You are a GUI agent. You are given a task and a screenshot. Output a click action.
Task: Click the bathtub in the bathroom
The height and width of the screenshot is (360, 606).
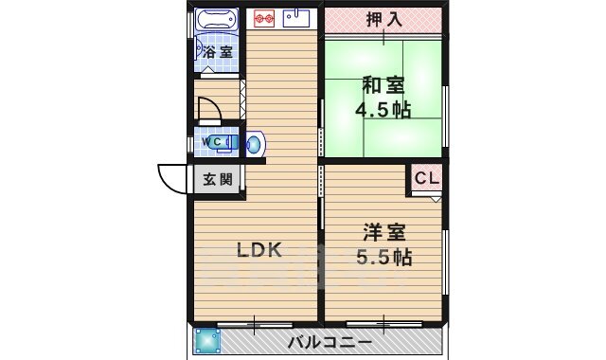pyautogui.click(x=217, y=19)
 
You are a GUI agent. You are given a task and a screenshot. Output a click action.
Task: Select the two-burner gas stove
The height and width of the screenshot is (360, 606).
pyautogui.click(x=263, y=17)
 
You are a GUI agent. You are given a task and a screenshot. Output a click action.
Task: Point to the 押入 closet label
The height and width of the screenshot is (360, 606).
pyautogui.click(x=384, y=19)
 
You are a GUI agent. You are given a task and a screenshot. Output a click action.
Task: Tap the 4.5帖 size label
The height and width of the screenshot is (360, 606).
pyautogui.click(x=383, y=110)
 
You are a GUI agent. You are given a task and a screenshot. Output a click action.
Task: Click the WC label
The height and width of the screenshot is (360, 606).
pyautogui.click(x=215, y=142)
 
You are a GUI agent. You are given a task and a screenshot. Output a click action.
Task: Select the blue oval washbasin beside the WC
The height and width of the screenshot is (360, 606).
pyautogui.click(x=254, y=144)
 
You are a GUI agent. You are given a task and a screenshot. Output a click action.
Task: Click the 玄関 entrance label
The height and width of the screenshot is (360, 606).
pyautogui.click(x=218, y=179)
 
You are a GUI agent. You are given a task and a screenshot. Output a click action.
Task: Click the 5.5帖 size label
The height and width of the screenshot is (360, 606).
pyautogui.click(x=383, y=255)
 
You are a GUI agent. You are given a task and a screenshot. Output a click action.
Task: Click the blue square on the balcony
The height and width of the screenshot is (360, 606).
pyautogui.click(x=205, y=341)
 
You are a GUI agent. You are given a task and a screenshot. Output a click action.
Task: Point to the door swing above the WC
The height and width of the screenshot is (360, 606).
pyautogui.click(x=207, y=114)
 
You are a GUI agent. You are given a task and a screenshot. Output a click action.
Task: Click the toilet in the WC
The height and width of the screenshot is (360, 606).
pyautogui.click(x=233, y=143)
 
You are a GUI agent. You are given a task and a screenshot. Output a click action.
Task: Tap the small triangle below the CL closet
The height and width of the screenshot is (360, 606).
pyautogui.click(x=436, y=200)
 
